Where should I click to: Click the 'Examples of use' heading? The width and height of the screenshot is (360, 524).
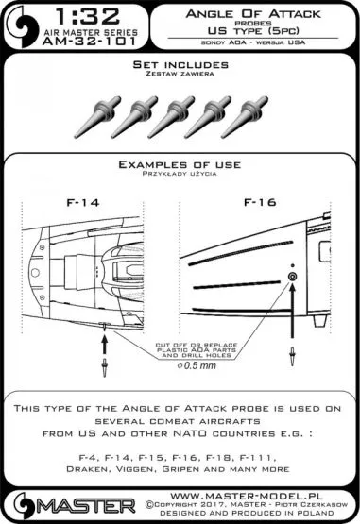point(180,164)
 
